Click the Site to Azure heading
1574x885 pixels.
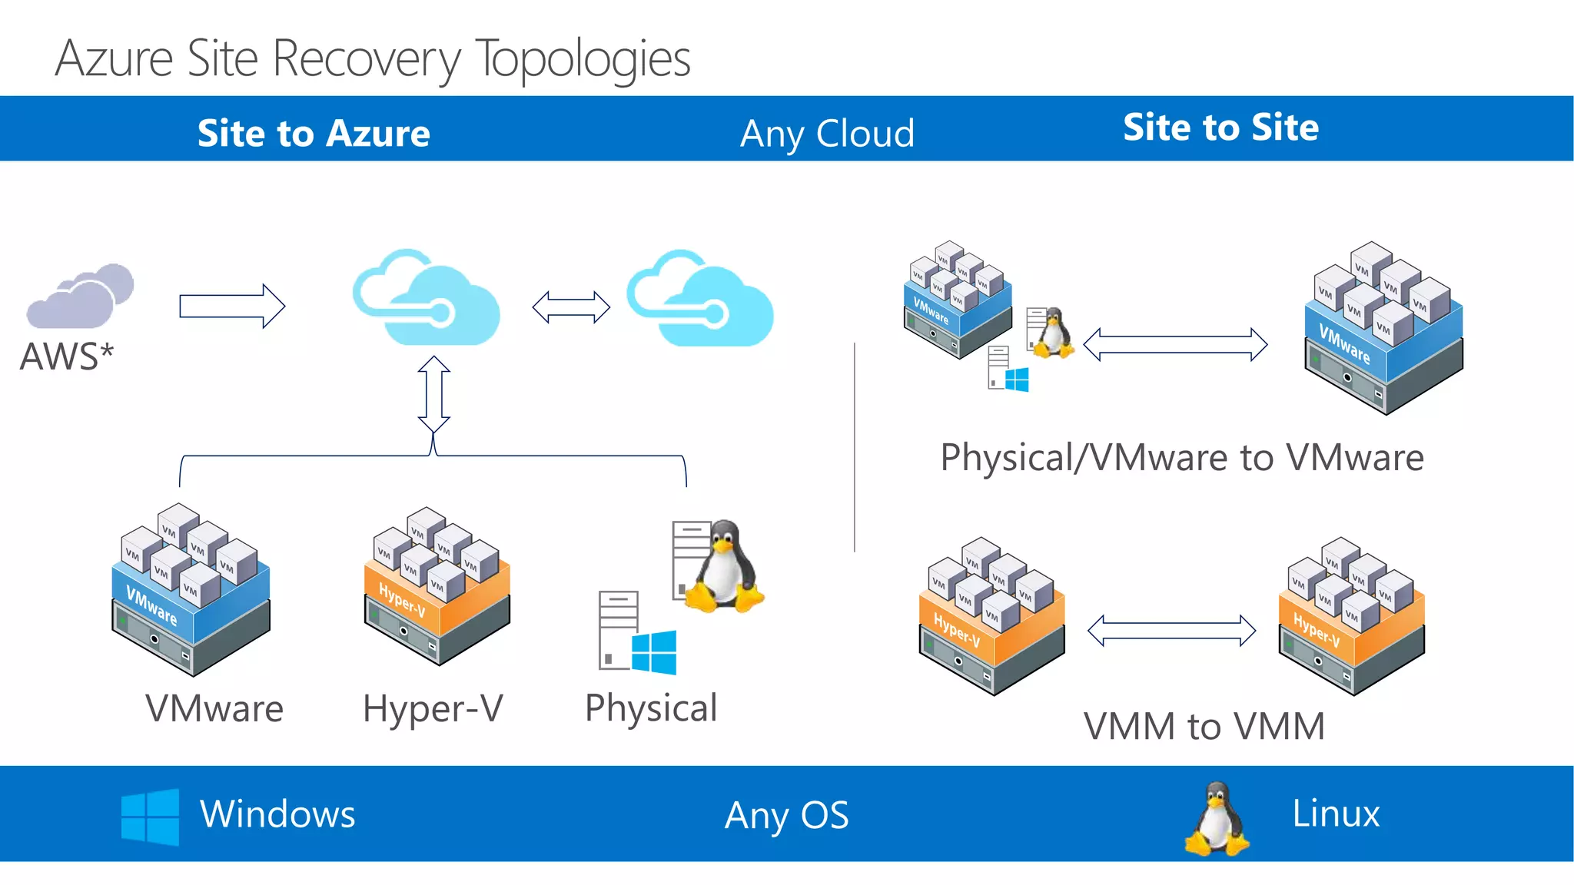point(314,133)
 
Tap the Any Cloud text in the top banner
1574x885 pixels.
point(827,134)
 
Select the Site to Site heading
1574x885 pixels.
point(1220,127)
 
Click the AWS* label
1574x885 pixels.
point(67,356)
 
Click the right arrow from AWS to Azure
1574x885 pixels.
point(232,307)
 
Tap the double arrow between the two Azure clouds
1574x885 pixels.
point(571,307)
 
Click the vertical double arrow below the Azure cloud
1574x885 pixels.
point(433,394)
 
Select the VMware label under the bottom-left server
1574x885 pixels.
point(214,708)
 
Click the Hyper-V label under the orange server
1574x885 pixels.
point(433,708)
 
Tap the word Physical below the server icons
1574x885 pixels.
point(651,708)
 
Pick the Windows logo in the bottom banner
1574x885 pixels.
point(150,817)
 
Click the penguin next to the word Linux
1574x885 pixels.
point(1217,819)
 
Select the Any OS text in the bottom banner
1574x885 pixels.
point(786,815)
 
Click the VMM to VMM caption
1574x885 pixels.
point(1204,726)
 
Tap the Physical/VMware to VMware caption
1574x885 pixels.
point(1182,458)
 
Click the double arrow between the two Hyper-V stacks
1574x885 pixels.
point(1171,631)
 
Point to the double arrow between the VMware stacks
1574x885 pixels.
point(1175,344)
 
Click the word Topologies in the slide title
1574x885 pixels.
point(583,58)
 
